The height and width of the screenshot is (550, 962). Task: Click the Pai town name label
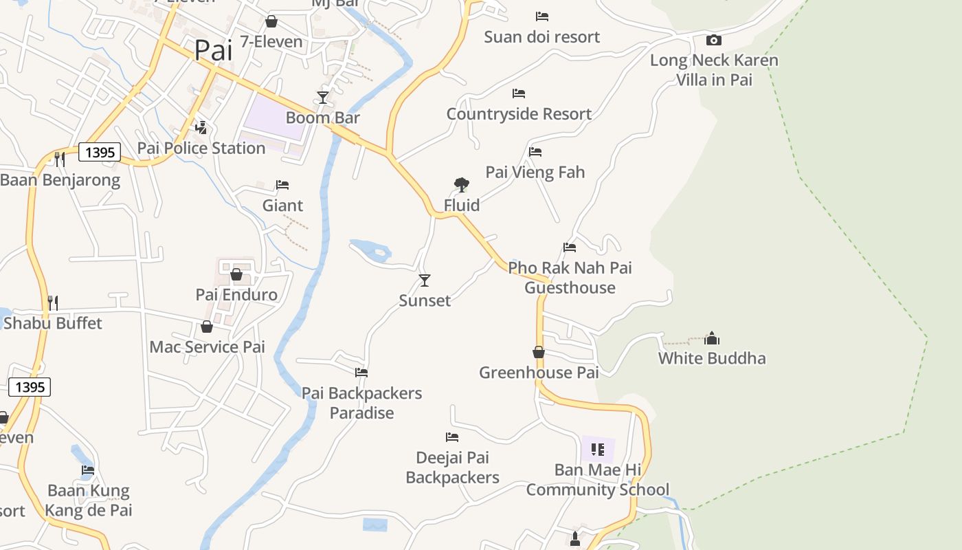click(x=213, y=50)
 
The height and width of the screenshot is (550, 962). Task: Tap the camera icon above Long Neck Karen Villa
click(x=714, y=40)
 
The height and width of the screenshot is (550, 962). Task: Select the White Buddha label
click(x=712, y=358)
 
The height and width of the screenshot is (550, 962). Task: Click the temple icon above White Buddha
click(x=712, y=338)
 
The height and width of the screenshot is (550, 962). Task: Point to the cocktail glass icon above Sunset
click(x=425, y=280)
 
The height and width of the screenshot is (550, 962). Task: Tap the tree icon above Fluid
click(x=462, y=184)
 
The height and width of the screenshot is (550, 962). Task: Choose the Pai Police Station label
click(x=201, y=148)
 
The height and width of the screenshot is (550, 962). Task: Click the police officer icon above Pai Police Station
click(x=201, y=127)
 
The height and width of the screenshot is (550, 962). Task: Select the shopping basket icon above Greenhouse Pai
click(x=539, y=352)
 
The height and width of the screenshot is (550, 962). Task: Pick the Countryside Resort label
click(x=519, y=114)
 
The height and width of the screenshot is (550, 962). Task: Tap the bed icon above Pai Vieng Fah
click(x=535, y=151)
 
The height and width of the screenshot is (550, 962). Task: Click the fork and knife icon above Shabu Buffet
click(x=53, y=302)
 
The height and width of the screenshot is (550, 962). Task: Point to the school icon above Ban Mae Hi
click(x=598, y=450)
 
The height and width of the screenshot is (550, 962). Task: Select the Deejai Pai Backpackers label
click(x=452, y=467)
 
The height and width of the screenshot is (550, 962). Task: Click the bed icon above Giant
click(x=282, y=184)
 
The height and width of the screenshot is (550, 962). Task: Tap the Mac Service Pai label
click(x=207, y=347)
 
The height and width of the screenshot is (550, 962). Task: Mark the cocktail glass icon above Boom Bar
click(x=323, y=97)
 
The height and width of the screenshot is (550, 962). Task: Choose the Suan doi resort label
click(x=541, y=37)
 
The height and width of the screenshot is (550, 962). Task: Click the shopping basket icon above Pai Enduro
click(x=236, y=274)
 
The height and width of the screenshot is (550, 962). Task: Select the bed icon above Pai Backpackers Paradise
click(x=361, y=373)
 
